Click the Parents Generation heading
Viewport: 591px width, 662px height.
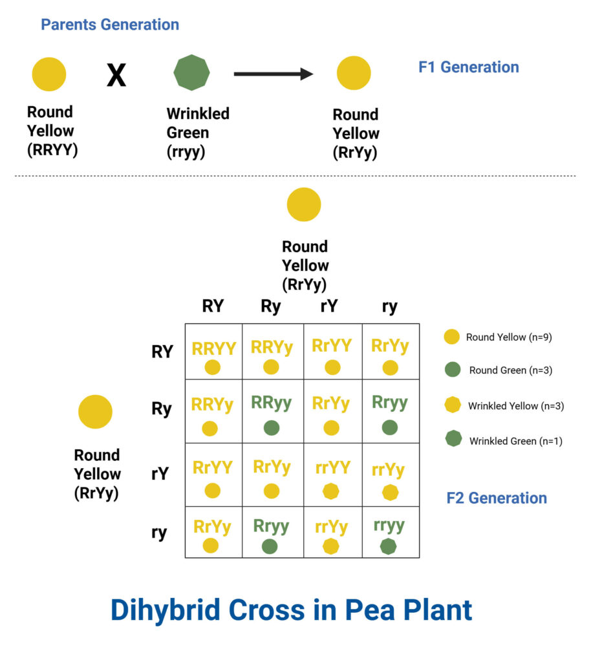click(x=110, y=25)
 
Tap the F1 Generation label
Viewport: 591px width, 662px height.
click(x=468, y=67)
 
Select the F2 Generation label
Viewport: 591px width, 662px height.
click(x=497, y=498)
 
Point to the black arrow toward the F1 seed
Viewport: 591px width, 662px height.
click(x=273, y=74)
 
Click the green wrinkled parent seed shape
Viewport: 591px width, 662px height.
click(x=192, y=72)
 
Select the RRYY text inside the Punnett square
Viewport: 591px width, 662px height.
click(x=213, y=348)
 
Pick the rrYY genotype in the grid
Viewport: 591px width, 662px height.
click(x=332, y=467)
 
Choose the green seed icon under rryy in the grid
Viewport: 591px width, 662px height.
click(x=388, y=546)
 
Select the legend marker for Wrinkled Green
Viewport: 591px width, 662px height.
click(x=453, y=440)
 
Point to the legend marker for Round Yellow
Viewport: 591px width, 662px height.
click(x=452, y=337)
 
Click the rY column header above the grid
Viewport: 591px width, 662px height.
click(x=328, y=306)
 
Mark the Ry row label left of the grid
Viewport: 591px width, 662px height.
click(x=162, y=409)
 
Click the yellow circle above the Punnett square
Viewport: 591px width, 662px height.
click(x=304, y=204)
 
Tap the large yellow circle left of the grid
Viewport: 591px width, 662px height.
click(x=95, y=412)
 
